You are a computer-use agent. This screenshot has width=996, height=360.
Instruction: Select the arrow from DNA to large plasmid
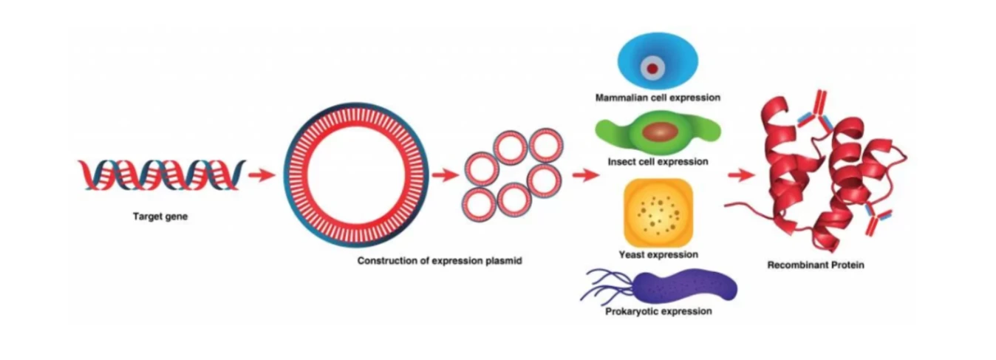261,175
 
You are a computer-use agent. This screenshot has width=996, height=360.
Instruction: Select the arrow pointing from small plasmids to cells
584,175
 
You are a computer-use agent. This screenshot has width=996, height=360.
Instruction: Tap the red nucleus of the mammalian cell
652,69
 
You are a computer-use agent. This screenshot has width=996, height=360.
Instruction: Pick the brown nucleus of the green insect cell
659,132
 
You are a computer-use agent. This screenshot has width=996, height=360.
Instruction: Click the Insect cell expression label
658,161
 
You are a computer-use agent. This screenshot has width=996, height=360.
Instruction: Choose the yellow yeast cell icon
658,212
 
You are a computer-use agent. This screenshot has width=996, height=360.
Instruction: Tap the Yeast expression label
658,255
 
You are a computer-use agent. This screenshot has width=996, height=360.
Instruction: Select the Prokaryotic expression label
658,311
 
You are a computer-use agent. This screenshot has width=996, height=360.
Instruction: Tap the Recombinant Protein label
815,264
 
